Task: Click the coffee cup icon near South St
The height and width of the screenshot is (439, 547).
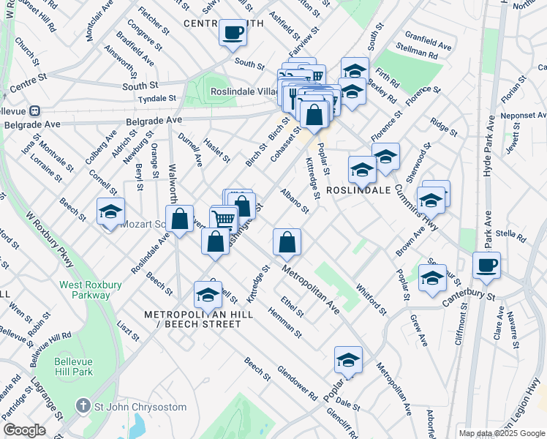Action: (233, 33)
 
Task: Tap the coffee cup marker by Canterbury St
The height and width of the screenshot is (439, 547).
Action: (486, 266)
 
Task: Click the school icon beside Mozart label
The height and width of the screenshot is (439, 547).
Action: (110, 212)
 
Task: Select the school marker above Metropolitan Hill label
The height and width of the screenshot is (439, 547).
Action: (208, 295)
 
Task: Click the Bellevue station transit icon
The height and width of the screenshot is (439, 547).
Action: (33, 111)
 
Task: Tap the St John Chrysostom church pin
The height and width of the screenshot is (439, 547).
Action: (84, 406)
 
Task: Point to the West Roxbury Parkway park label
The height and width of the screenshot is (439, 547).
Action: (85, 290)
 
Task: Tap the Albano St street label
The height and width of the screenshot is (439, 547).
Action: (295, 200)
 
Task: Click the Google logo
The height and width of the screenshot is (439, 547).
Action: (24, 429)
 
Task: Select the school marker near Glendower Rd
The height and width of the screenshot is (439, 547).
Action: (348, 360)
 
